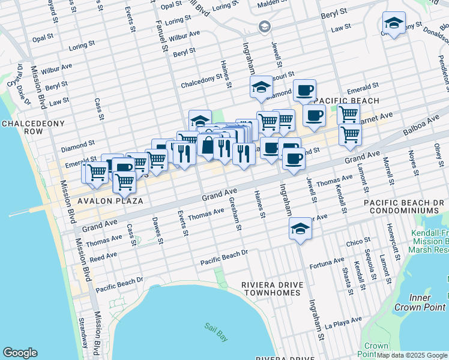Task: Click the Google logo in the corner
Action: click(20, 353)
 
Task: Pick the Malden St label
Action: click(273, 5)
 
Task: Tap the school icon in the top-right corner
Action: click(394, 24)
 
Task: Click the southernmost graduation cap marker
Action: click(300, 229)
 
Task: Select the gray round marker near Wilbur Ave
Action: click(264, 26)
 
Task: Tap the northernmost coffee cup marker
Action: click(304, 91)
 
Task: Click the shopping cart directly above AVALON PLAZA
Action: click(124, 181)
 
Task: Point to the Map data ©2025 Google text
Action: click(412, 355)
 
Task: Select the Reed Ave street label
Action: click(103, 257)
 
